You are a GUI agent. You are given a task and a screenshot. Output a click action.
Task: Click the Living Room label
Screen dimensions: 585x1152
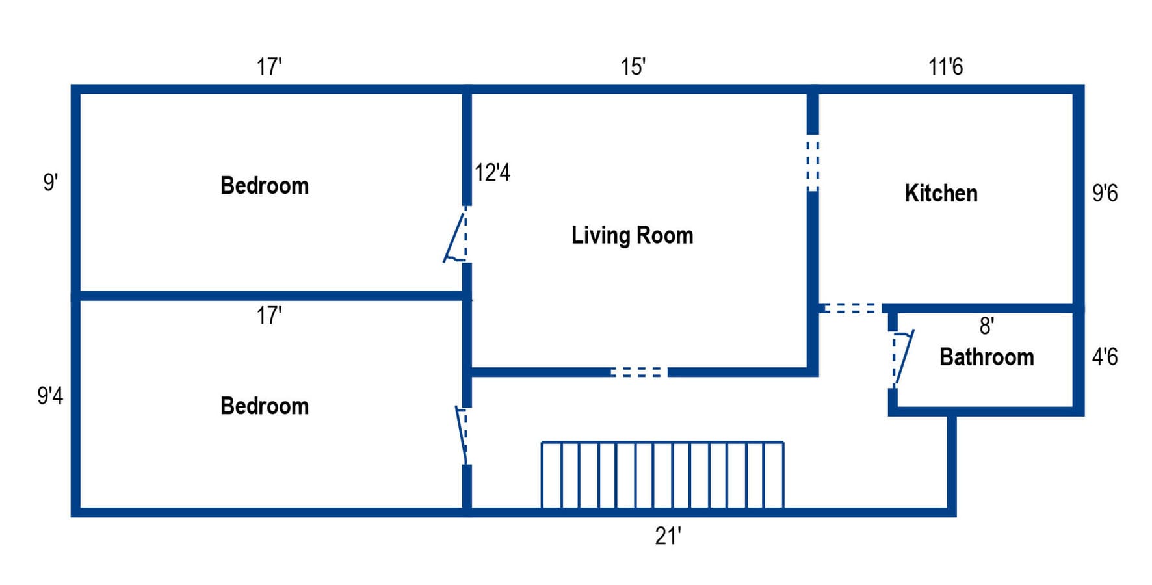pos(632,235)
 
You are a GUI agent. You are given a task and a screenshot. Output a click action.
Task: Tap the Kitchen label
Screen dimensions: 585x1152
pos(941,194)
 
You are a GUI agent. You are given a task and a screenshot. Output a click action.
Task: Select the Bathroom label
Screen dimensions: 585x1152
pos(986,357)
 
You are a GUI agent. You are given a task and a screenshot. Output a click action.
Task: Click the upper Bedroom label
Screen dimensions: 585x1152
pos(265,186)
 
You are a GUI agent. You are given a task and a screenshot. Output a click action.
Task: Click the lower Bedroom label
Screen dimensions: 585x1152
pos(265,406)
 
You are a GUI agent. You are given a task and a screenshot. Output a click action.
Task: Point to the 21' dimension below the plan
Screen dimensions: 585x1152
pos(668,536)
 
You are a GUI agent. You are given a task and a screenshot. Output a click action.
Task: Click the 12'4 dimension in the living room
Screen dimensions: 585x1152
pos(492,173)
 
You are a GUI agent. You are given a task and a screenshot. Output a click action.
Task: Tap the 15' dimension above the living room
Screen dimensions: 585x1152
pos(632,66)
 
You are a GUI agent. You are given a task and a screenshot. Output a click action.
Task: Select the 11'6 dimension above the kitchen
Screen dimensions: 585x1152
pos(945,66)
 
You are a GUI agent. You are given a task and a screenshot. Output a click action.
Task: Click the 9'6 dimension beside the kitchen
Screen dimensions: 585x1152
pos(1105,193)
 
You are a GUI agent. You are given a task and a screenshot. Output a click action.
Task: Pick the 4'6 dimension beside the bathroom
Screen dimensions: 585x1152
pos(1105,357)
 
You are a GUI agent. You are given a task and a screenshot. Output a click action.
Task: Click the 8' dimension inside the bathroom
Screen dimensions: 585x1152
pos(986,326)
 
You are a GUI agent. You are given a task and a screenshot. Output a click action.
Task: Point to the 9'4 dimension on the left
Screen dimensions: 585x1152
pos(50,395)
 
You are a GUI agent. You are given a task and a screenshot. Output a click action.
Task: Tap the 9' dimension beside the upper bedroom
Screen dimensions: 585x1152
pos(50,183)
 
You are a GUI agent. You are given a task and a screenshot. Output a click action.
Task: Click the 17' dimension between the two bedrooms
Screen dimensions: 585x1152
pos(268,316)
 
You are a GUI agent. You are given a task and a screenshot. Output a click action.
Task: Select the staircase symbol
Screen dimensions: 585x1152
pos(662,475)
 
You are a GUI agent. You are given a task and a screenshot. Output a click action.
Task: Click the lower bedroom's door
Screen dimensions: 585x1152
pos(462,434)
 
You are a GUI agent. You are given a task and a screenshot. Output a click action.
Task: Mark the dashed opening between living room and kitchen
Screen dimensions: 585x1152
pos(813,162)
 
